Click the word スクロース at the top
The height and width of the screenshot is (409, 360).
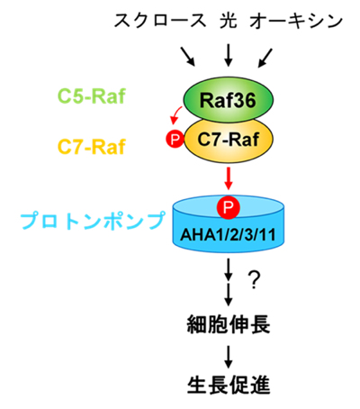[160, 21]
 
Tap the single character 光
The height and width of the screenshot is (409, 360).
[229, 21]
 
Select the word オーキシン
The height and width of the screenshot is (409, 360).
[296, 22]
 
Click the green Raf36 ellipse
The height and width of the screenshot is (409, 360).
[229, 100]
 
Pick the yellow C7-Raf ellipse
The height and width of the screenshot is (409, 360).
[229, 140]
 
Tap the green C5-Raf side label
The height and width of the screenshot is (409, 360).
[91, 96]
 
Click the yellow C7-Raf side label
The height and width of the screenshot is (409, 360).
[91, 147]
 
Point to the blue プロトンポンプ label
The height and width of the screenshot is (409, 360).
[93, 221]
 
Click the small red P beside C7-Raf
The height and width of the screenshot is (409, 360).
[175, 140]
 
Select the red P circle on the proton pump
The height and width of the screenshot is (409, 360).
[228, 207]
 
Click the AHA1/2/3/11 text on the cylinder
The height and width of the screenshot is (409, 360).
[228, 235]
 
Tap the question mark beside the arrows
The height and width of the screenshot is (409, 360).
[254, 280]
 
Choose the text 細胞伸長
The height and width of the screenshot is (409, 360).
[229, 324]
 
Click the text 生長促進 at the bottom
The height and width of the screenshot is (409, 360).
[229, 386]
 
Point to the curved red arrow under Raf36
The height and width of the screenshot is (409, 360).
[175, 115]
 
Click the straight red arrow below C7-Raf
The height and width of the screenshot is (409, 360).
[229, 178]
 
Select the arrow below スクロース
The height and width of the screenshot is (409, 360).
[188, 57]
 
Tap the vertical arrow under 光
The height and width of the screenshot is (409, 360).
[229, 55]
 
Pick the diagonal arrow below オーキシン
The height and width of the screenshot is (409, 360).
[265, 58]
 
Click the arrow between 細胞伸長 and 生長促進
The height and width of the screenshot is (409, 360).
[229, 357]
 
